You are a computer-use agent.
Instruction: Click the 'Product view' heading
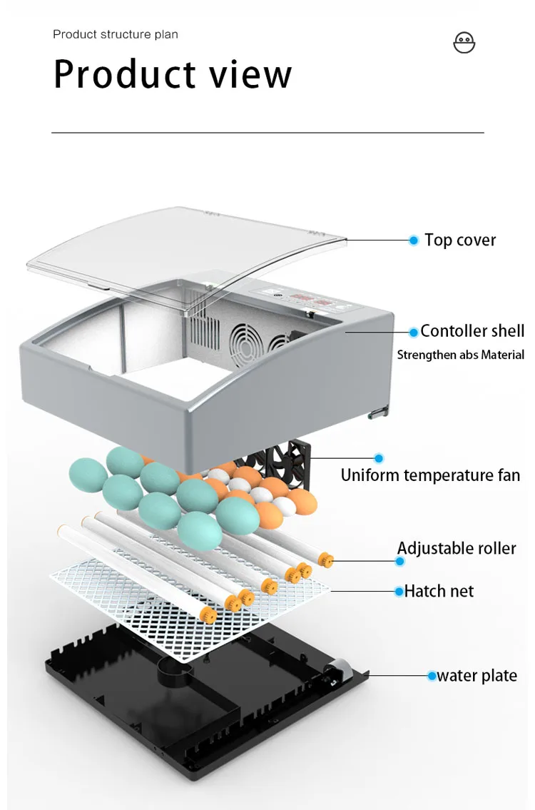[x=173, y=74]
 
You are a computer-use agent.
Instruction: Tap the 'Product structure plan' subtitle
[x=116, y=34]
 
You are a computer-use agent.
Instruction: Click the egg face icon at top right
[x=464, y=42]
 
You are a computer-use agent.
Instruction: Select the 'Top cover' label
[x=460, y=240]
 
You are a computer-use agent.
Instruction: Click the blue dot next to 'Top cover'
[x=413, y=241]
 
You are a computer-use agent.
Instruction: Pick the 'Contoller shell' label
[x=472, y=331]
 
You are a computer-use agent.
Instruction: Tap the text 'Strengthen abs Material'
[x=460, y=355]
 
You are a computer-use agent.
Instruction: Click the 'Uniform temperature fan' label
[x=430, y=475]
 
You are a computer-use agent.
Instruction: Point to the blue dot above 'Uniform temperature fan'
[x=379, y=458]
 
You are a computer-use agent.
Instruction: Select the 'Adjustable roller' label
[x=457, y=548]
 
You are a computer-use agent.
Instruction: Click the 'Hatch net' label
[x=439, y=591]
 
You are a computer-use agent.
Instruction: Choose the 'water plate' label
[x=477, y=676]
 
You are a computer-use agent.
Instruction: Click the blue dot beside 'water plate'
[x=432, y=676]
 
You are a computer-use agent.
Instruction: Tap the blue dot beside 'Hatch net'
[x=399, y=591]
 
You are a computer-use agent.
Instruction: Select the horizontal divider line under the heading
[x=267, y=133]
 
